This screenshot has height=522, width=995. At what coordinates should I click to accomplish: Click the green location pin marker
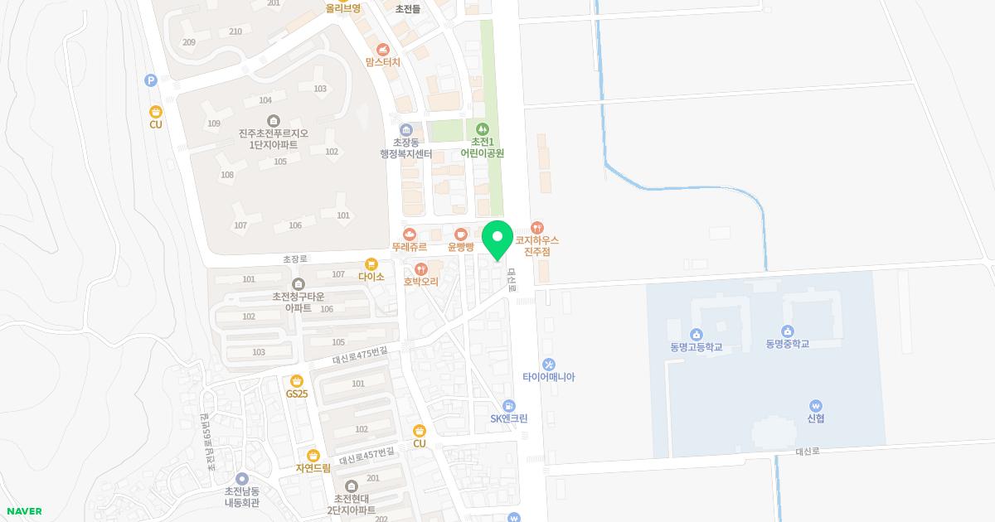(498, 239)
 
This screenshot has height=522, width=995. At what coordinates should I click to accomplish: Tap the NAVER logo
(23, 511)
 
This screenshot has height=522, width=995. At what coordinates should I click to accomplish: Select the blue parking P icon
(151, 80)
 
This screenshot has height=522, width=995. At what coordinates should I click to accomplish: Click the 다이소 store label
(371, 277)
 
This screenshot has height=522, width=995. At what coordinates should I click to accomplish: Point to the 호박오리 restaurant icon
(421, 268)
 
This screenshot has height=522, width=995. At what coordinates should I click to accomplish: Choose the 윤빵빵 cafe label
(460, 247)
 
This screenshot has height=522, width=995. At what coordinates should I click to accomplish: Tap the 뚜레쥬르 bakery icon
(410, 234)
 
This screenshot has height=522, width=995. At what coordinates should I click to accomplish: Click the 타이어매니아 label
(548, 377)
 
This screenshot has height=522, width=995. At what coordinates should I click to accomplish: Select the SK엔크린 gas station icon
(509, 406)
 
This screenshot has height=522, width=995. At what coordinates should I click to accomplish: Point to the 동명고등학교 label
(696, 347)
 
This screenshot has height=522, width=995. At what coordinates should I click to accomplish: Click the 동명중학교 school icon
(788, 331)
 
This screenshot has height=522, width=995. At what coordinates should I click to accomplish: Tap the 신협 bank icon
(816, 406)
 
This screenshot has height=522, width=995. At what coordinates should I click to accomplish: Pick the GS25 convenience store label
(297, 394)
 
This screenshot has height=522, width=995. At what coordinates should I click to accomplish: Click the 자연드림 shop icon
(313, 455)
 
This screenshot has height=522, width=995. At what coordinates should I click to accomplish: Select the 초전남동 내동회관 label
(242, 497)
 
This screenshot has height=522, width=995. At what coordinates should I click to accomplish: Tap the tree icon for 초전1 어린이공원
(483, 129)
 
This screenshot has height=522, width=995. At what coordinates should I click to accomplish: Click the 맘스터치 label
(382, 62)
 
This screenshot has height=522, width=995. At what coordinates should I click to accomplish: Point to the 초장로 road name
(295, 259)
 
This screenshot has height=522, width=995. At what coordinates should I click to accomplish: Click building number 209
(189, 42)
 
